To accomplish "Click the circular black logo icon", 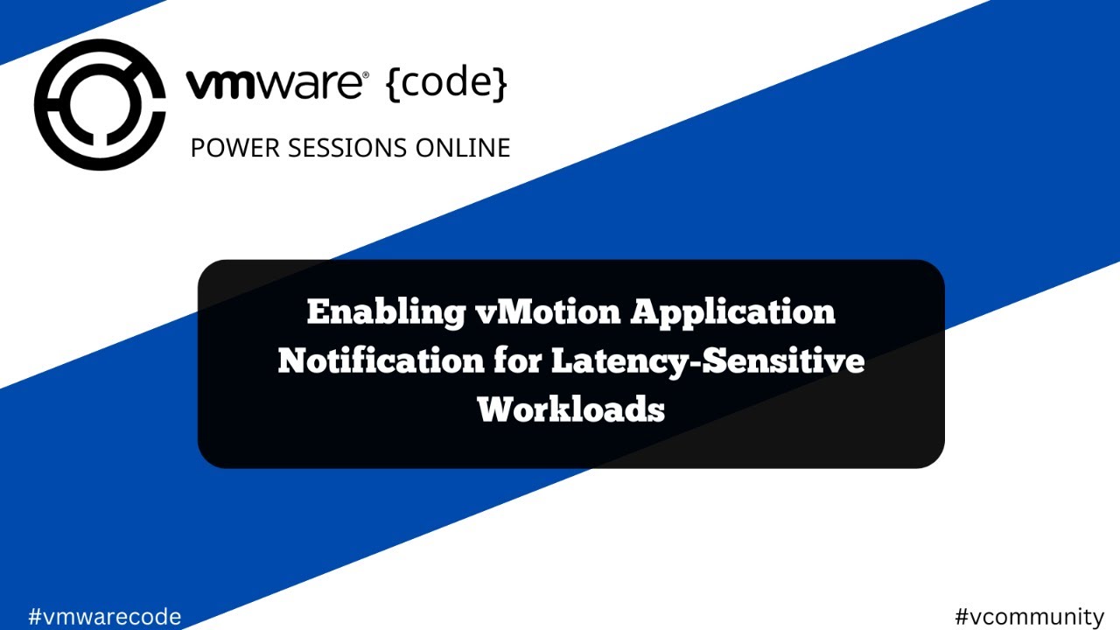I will click(100, 105).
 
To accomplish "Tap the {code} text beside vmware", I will click(445, 84).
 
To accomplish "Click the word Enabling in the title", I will click(386, 312).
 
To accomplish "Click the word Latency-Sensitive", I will click(708, 360).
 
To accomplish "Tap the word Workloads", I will click(571, 409).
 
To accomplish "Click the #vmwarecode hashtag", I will click(104, 616).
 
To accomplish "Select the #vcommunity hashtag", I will click(1029, 616).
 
